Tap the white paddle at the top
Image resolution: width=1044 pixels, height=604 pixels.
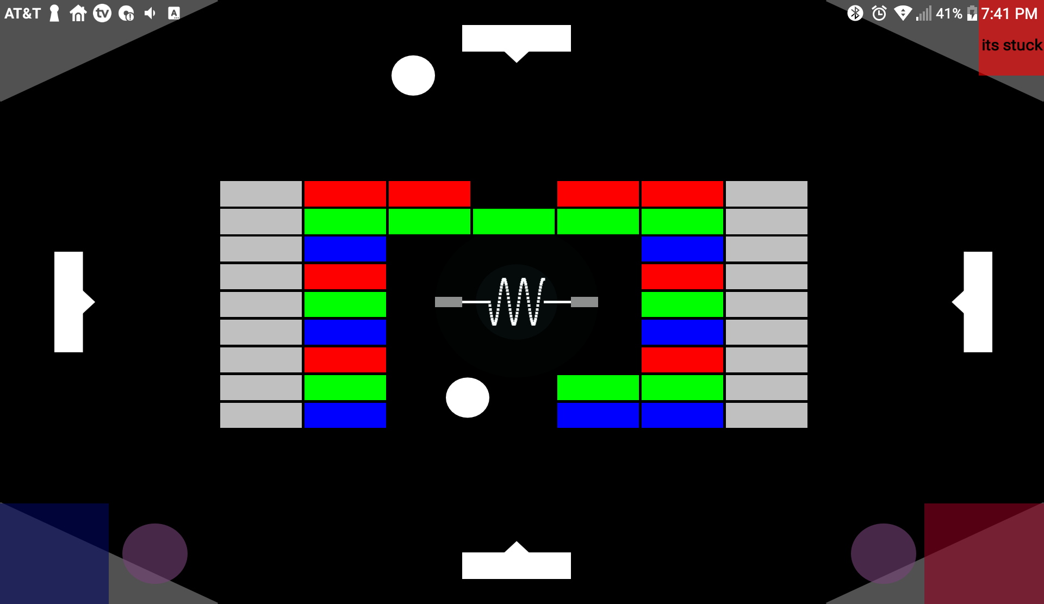tap(516, 39)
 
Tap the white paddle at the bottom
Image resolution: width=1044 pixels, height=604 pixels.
tap(516, 565)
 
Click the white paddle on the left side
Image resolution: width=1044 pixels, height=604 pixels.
tap(69, 302)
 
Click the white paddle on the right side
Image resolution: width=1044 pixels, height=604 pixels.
tap(978, 302)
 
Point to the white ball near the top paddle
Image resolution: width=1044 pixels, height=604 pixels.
tap(413, 76)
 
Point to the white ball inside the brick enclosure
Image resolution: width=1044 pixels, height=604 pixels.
tap(468, 397)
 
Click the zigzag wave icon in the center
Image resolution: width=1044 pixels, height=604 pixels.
tap(517, 302)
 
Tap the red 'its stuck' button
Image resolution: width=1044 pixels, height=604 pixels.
tap(1011, 46)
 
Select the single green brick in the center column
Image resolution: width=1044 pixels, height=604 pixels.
tap(514, 222)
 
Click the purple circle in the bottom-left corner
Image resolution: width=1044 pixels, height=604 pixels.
tap(155, 553)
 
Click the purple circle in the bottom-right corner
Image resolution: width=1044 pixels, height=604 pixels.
tap(884, 553)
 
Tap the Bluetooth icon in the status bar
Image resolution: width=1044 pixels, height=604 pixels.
tap(855, 13)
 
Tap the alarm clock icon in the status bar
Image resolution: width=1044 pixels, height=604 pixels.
tap(879, 13)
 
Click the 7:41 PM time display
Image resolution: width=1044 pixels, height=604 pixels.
tap(1009, 13)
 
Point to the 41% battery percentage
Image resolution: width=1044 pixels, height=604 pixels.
tap(949, 13)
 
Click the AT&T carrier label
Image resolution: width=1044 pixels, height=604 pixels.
tap(23, 13)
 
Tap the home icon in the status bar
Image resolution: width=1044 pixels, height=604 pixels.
tap(78, 13)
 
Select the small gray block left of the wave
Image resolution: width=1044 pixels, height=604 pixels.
tap(449, 302)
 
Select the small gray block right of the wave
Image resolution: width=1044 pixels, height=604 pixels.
tap(585, 302)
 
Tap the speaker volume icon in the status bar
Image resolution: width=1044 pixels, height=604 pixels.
tap(150, 13)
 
